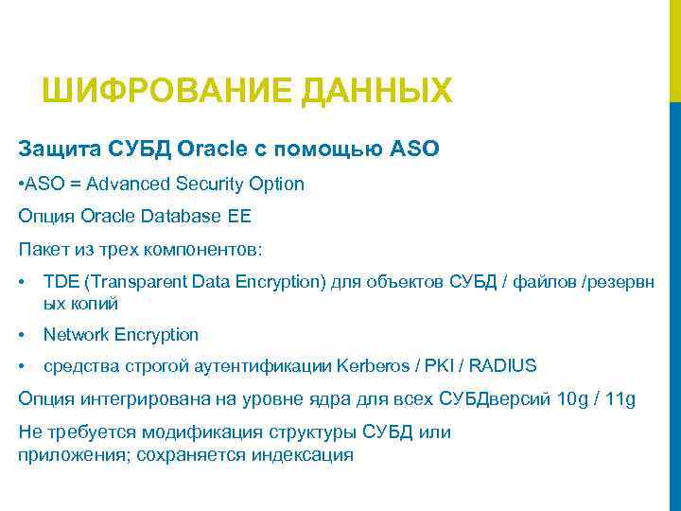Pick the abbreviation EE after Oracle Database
click(239, 216)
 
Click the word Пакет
click(42, 250)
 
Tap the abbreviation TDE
click(61, 282)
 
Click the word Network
click(77, 334)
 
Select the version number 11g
click(620, 398)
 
